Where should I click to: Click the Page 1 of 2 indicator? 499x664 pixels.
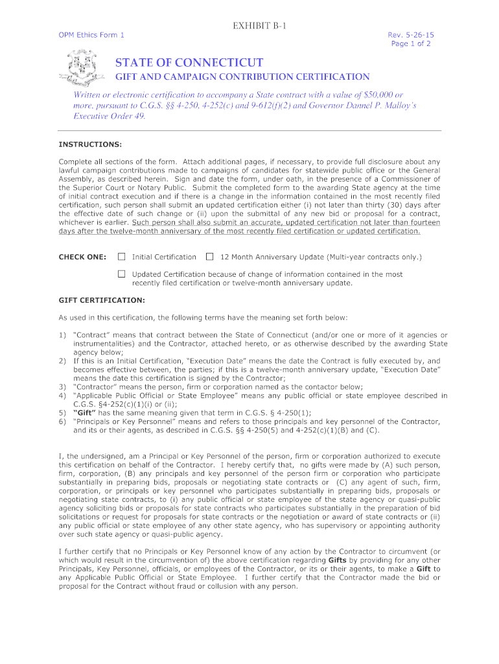[411, 43]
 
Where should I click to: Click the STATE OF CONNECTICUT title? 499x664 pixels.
[189, 63]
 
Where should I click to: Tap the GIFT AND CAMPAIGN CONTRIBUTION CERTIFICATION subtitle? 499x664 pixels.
[242, 77]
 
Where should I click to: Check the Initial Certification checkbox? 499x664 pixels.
[121, 257]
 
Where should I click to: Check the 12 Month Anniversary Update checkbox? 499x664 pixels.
[209, 257]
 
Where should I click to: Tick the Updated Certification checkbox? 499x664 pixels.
[121, 274]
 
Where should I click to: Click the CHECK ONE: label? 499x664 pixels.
[82, 257]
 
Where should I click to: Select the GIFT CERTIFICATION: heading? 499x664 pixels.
[102, 300]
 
